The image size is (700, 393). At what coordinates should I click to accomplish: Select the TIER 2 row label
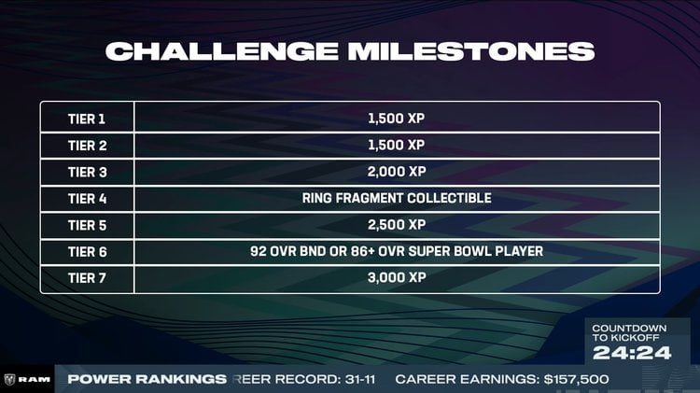point(88,145)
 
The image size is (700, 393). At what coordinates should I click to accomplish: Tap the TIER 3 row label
point(88,172)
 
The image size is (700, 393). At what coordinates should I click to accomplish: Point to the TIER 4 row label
point(88,199)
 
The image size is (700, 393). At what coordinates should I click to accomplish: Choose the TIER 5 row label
point(88,225)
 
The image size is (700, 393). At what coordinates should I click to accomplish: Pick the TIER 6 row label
point(88,252)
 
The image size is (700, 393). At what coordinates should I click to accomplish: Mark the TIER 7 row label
point(88,278)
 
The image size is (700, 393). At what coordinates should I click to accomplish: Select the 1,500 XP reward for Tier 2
point(397,145)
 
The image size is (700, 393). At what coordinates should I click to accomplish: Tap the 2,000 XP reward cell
point(397,172)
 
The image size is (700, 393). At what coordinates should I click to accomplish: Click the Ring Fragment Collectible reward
point(397,199)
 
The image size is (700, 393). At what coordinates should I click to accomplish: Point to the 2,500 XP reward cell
point(397,225)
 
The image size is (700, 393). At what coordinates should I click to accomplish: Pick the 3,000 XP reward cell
point(397,278)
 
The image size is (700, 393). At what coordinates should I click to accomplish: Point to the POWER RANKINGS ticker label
point(147,379)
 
